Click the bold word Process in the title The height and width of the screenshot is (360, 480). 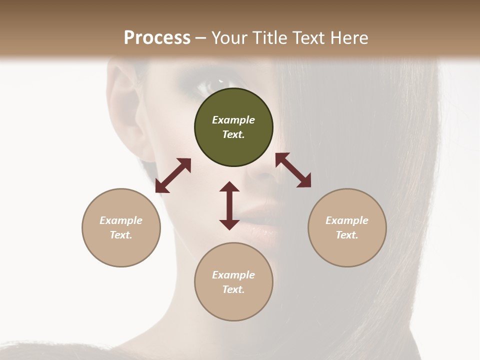[x=157, y=38]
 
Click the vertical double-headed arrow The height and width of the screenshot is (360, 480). [x=229, y=206]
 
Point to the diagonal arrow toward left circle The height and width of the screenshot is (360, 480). [x=173, y=175]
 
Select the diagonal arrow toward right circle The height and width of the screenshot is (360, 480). [x=293, y=170]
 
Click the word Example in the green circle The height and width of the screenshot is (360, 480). [x=233, y=120]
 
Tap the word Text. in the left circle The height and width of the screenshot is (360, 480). [x=121, y=235]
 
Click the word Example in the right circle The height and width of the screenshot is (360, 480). [x=347, y=220]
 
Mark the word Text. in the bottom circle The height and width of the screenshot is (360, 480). [x=233, y=289]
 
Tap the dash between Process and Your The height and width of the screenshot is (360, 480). [x=200, y=38]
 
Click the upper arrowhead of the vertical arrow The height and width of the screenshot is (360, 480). [x=229, y=187]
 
